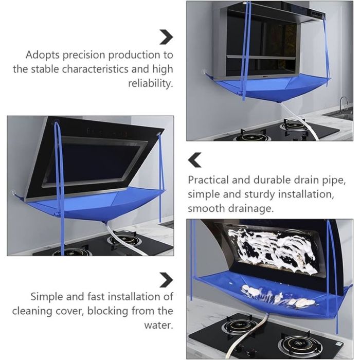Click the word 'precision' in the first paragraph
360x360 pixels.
point(84,56)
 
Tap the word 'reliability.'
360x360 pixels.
point(150,83)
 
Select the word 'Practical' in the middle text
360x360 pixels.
point(208,180)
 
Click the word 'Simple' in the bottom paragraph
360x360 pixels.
point(47,297)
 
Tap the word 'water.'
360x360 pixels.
point(158,325)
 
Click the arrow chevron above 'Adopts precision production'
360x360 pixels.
point(166,37)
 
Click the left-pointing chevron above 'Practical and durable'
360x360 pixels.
point(195,160)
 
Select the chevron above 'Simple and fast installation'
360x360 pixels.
point(166,280)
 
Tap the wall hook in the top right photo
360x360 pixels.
point(204,71)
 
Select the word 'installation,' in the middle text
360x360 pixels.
point(306,194)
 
